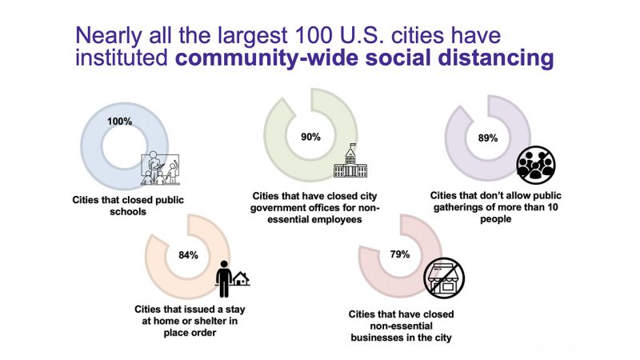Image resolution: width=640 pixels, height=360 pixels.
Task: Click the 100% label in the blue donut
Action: (x=119, y=122)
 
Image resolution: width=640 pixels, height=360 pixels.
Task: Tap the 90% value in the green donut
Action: (x=310, y=137)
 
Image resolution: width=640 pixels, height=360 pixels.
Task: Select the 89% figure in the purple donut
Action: (x=488, y=138)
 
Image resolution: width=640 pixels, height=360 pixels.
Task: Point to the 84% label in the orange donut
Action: (x=188, y=255)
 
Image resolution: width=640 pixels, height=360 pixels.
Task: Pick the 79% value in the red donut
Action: (x=399, y=254)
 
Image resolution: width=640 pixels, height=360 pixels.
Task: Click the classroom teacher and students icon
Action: (x=160, y=168)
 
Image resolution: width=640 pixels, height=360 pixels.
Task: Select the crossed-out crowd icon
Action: (x=536, y=165)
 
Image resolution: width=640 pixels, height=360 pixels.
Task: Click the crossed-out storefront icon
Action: (x=444, y=278)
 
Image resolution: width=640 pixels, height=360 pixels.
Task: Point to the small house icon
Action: (x=242, y=278)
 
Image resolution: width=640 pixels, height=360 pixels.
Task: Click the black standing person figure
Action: (x=224, y=278)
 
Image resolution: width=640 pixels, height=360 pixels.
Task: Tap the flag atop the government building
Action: (x=354, y=146)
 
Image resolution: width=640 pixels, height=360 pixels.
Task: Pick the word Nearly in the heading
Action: (x=109, y=37)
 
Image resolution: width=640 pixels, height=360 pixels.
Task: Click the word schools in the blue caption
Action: (x=128, y=211)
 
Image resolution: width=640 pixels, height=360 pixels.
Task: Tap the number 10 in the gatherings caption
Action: (x=552, y=207)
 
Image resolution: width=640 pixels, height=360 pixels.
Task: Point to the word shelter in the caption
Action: (x=202, y=321)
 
